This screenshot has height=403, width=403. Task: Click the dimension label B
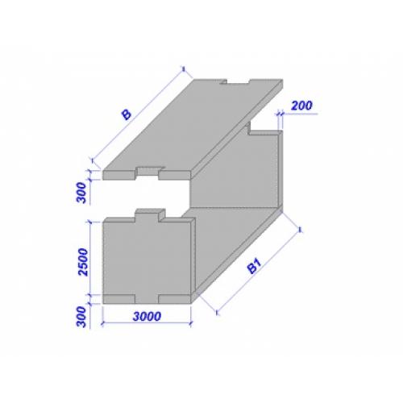pos(127,114)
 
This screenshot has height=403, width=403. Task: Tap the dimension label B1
pos(255,266)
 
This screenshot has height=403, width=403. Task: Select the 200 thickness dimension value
pos(301,106)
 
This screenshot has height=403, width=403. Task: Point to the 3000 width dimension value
pos(147,316)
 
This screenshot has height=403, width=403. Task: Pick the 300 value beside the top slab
pos(81,193)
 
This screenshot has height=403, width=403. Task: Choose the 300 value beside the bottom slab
pos(81,317)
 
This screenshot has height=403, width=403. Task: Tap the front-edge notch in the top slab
pos(147,172)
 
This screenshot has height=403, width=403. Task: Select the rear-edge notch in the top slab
pos(235,81)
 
